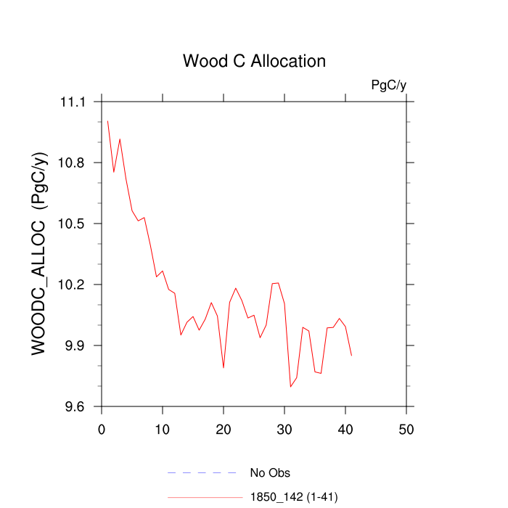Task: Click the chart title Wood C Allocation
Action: [x=254, y=61]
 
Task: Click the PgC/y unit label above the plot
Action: [x=388, y=86]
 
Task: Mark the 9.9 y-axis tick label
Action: [x=76, y=346]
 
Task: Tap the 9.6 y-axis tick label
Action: [x=76, y=407]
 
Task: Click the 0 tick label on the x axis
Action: [x=102, y=429]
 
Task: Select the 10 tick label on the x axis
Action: [x=163, y=429]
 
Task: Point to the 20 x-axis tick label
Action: [x=224, y=429]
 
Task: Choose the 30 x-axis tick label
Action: [x=284, y=429]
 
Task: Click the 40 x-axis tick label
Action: [x=345, y=429]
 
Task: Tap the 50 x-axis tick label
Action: [x=406, y=429]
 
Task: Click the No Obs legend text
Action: [x=270, y=474]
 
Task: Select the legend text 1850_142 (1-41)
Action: [x=294, y=497]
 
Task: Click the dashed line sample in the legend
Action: [x=202, y=473]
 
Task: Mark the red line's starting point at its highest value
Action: [x=107, y=121]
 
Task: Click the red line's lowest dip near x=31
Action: [x=290, y=387]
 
